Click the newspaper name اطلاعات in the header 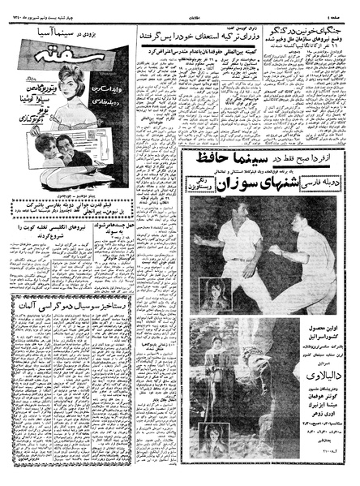180,7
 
